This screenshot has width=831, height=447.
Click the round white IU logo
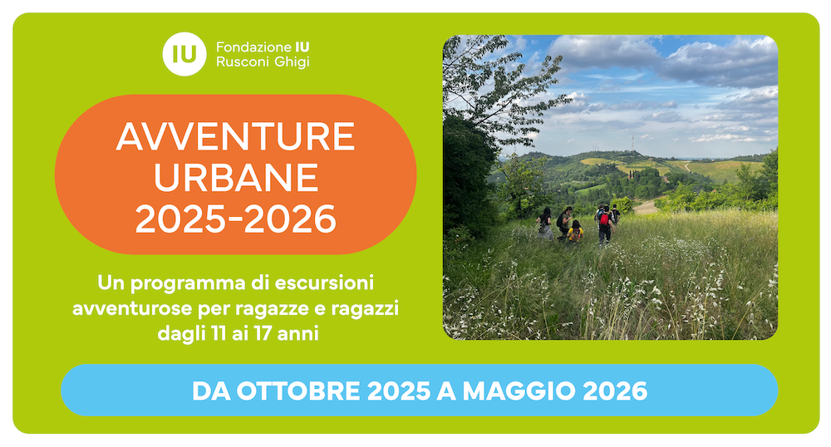(x=184, y=54)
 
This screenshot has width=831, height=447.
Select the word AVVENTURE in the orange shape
(x=235, y=136)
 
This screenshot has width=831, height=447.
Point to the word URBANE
(x=236, y=178)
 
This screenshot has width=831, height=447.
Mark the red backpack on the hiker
(x=604, y=219)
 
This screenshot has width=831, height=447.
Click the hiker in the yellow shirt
(x=575, y=232)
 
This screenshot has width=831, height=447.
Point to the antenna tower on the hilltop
(x=632, y=143)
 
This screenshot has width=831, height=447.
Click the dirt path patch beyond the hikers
(x=646, y=207)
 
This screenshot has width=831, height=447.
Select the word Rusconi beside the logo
(x=242, y=62)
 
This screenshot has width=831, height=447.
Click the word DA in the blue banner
(x=211, y=391)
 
